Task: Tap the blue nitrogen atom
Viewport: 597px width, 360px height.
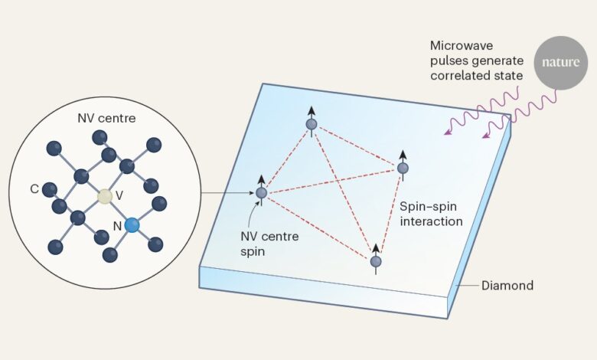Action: click(x=132, y=224)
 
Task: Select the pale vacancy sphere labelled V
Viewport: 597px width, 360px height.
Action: click(x=106, y=198)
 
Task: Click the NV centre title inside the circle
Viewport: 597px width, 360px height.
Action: click(x=100, y=119)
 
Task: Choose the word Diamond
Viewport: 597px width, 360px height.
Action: click(x=507, y=286)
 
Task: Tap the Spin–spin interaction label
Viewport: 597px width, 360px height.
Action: click(x=432, y=214)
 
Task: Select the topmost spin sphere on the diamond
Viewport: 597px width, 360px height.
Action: click(x=312, y=124)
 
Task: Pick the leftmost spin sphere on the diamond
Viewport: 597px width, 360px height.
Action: click(x=262, y=193)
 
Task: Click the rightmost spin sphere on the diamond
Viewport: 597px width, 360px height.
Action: click(x=403, y=168)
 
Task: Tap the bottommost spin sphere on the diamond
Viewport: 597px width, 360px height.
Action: click(x=376, y=262)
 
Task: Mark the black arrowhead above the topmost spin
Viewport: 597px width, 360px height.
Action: click(x=312, y=110)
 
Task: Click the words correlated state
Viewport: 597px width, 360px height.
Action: click(x=476, y=76)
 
